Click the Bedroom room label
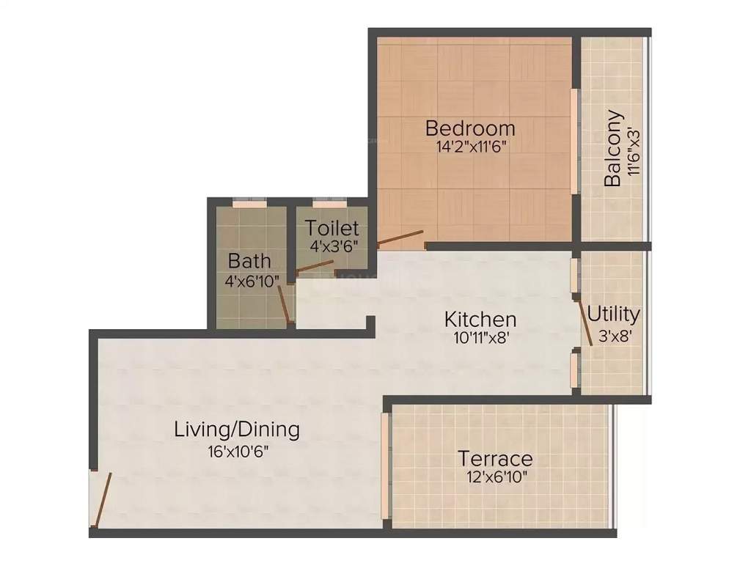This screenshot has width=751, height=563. coord(470,128)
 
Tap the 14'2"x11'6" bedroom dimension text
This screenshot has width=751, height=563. coord(470,146)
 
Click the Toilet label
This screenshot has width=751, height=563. coord(332,228)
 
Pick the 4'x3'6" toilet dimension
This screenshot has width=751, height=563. coord(332,246)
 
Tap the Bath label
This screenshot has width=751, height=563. coord(249,260)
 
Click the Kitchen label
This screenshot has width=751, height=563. coord(480,320)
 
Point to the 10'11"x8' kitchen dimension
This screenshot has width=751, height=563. coord(480,339)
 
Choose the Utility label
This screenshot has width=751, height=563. coord(613,314)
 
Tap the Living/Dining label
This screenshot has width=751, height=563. coord(237,429)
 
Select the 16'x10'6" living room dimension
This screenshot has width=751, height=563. coord(238,451)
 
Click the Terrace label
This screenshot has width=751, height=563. coord(495,459)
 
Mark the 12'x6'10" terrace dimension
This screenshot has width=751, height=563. coord(494,477)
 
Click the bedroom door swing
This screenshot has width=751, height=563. coord(400,239)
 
